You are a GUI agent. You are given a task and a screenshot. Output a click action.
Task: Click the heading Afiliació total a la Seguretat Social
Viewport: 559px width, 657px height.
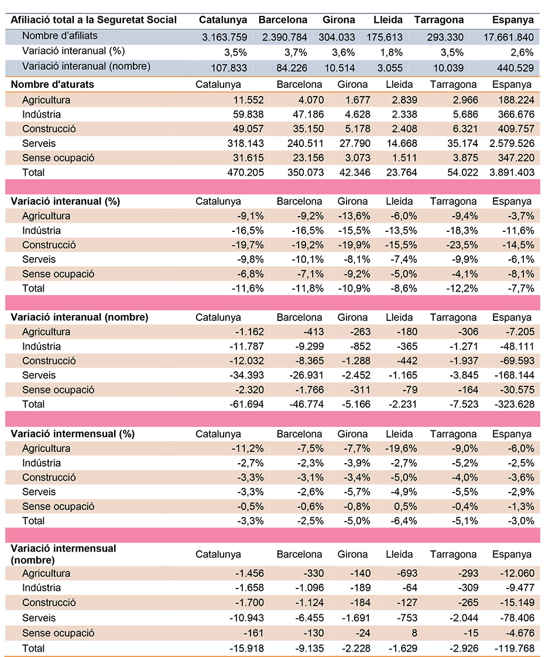click(x=94, y=20)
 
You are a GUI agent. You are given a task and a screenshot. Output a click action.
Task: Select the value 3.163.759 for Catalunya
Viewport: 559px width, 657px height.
click(x=224, y=37)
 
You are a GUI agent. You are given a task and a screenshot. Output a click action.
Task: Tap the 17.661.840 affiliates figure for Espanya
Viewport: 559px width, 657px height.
click(x=508, y=37)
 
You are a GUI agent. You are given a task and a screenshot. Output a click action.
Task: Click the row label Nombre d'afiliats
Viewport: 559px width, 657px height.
click(x=60, y=36)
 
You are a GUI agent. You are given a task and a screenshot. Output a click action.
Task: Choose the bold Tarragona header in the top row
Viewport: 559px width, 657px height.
click(x=439, y=20)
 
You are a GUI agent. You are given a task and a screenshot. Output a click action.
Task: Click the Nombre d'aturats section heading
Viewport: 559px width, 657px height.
click(x=52, y=84)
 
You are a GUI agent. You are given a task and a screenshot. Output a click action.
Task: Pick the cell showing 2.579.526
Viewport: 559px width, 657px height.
click(x=512, y=143)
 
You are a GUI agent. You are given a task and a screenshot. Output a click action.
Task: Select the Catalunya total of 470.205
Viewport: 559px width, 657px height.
click(x=245, y=172)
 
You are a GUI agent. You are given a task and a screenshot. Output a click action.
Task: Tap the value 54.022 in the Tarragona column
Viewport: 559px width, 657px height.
click(x=462, y=172)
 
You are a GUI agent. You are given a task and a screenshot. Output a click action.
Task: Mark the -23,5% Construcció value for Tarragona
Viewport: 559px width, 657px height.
click(x=462, y=245)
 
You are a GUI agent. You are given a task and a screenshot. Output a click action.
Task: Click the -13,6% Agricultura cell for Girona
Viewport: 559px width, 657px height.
click(x=354, y=216)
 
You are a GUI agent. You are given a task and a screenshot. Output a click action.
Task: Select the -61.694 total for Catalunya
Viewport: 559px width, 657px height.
click(x=246, y=404)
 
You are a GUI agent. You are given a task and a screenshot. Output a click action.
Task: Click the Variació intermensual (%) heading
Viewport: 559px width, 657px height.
click(x=73, y=434)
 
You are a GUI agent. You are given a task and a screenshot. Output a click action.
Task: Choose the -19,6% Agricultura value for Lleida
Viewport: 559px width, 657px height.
click(x=401, y=449)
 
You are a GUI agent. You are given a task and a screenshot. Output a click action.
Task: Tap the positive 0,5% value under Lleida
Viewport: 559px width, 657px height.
click(x=405, y=506)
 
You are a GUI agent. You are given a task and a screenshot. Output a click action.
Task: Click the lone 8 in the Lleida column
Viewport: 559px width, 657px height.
click(x=414, y=632)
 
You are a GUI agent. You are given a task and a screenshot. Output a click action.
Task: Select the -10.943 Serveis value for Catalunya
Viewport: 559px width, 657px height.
click(x=246, y=618)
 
